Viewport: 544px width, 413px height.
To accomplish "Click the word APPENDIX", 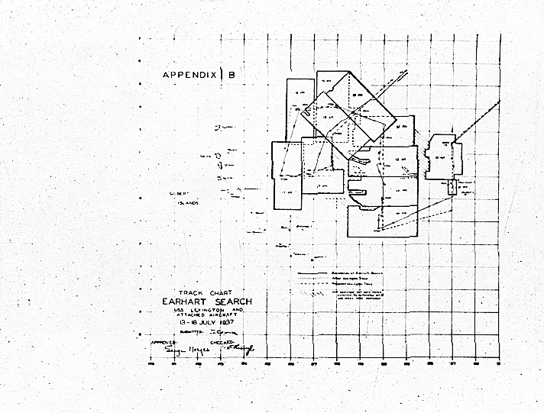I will (x=189, y=75).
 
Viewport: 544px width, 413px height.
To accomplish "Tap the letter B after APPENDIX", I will (x=232, y=75).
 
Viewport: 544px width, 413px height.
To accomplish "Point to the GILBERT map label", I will (x=179, y=194).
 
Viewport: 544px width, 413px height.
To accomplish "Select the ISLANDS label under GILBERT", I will (x=187, y=204).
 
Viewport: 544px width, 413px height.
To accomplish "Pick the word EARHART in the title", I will (x=182, y=301).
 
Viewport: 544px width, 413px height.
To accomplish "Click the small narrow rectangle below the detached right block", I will (x=452, y=186).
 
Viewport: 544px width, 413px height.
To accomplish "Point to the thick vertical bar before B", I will (x=222, y=74).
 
